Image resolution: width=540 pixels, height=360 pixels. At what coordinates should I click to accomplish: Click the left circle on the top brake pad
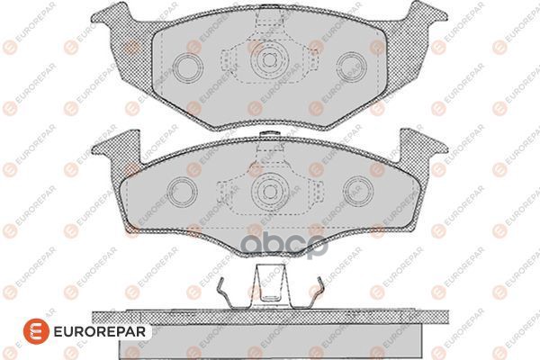(188, 67)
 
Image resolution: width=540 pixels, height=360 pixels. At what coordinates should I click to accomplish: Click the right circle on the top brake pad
(352, 67)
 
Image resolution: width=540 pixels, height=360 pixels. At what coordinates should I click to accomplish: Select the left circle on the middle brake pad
(182, 191)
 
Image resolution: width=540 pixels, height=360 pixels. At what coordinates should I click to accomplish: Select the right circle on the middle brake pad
(358, 191)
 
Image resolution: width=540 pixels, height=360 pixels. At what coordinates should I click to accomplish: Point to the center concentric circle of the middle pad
(269, 191)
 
